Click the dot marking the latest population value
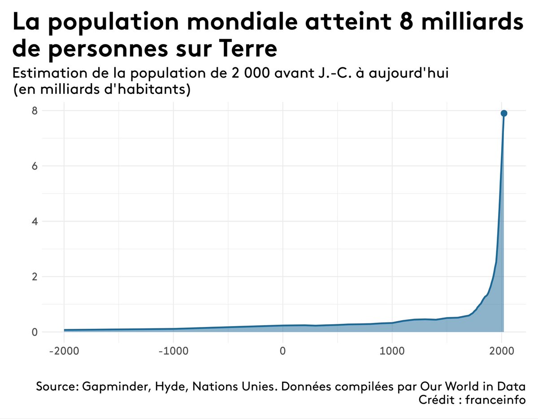(503, 113)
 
